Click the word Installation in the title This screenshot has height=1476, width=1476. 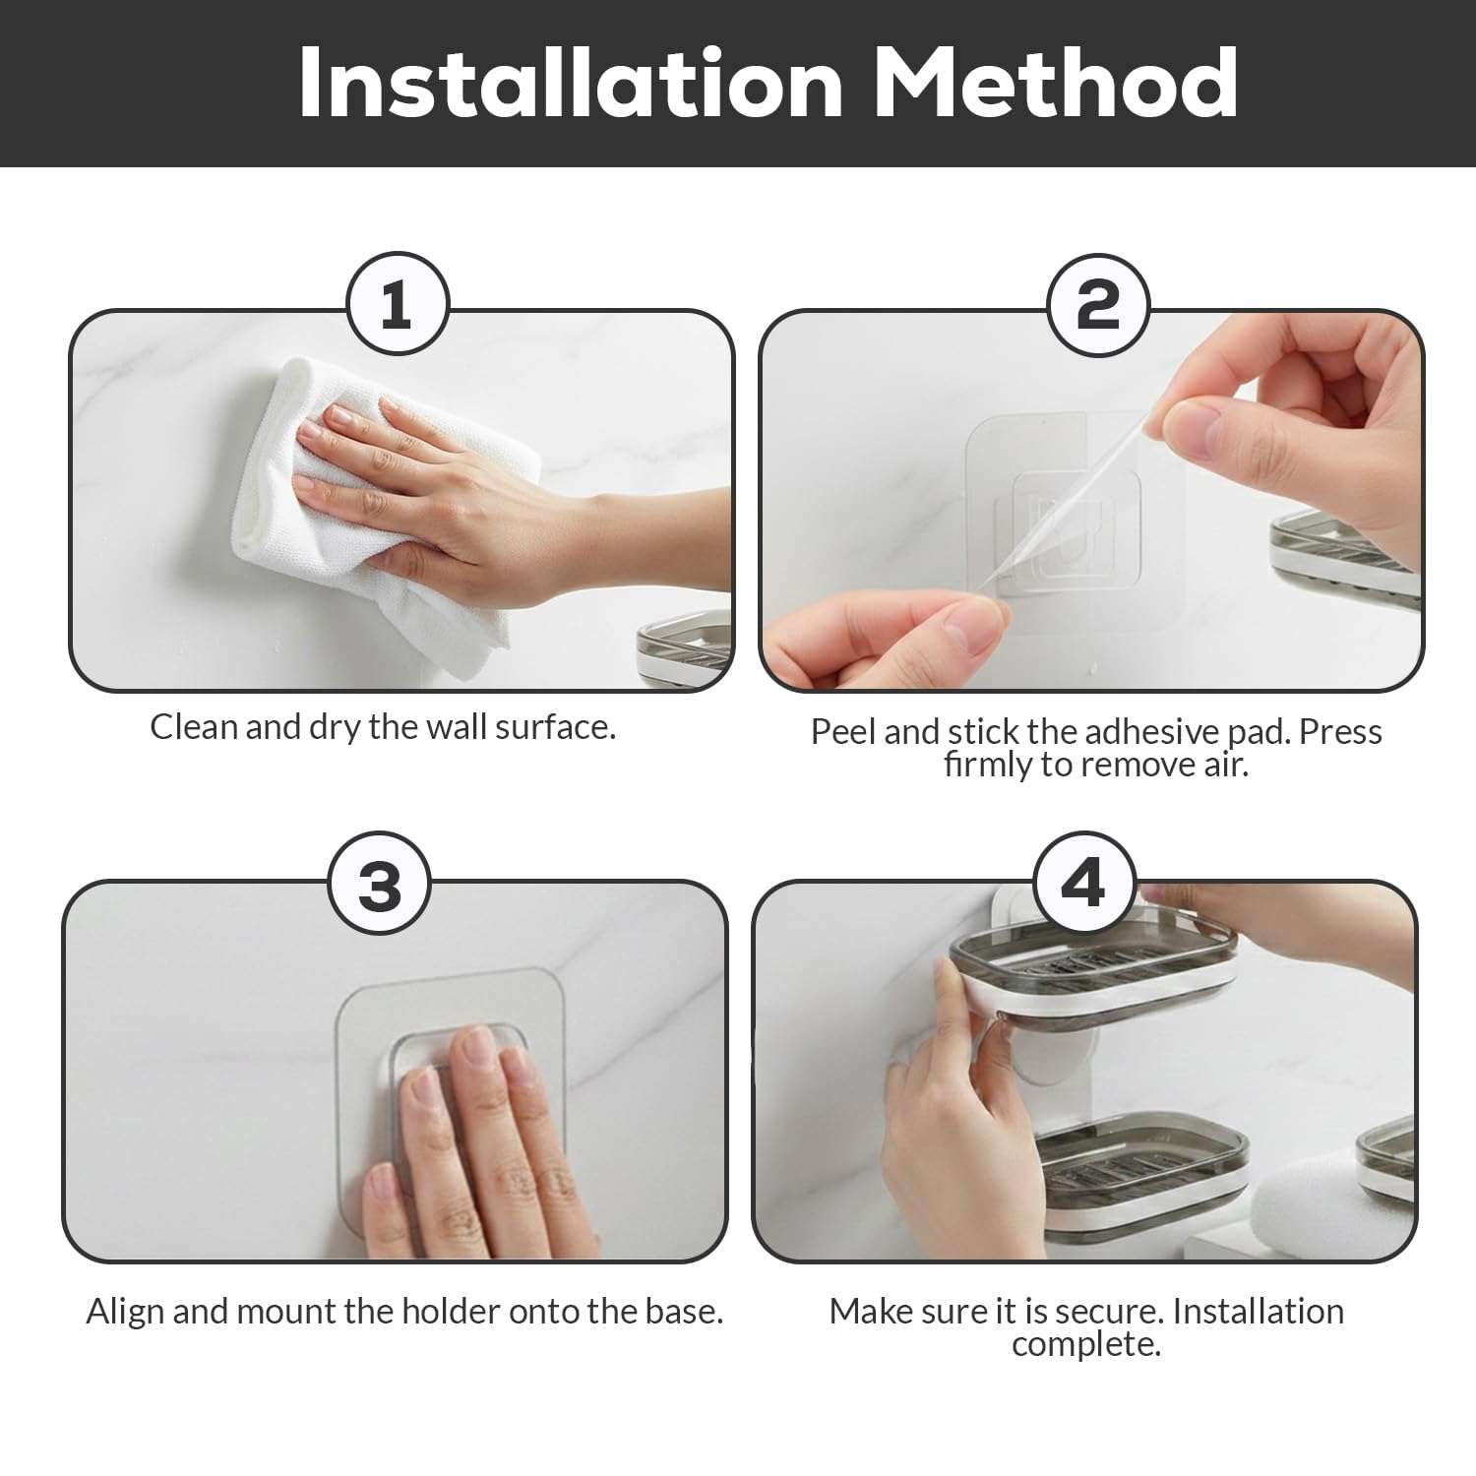pyautogui.click(x=570, y=83)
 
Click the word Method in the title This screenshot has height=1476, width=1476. pyautogui.click(x=1055, y=83)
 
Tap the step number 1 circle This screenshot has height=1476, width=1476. pyautogui.click(x=397, y=305)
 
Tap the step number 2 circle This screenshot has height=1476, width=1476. pyautogui.click(x=1097, y=305)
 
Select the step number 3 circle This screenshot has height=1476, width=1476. pyautogui.click(x=380, y=884)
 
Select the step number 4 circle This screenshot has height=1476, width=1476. pyautogui.click(x=1083, y=883)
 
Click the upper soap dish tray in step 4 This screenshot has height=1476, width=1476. pyautogui.click(x=1092, y=969)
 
